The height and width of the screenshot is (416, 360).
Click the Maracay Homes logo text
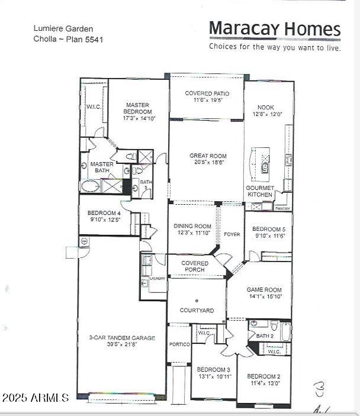tap(275, 28)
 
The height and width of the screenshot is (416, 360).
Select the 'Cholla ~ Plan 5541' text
tap(69, 39)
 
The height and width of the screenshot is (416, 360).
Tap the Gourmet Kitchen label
tap(260, 191)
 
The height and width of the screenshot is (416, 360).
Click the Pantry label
tap(282, 208)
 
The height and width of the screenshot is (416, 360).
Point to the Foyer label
tap(232, 234)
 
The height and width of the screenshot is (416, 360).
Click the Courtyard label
tap(197, 310)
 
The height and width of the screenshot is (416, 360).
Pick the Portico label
tap(179, 344)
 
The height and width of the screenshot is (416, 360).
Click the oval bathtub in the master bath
tap(91, 186)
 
